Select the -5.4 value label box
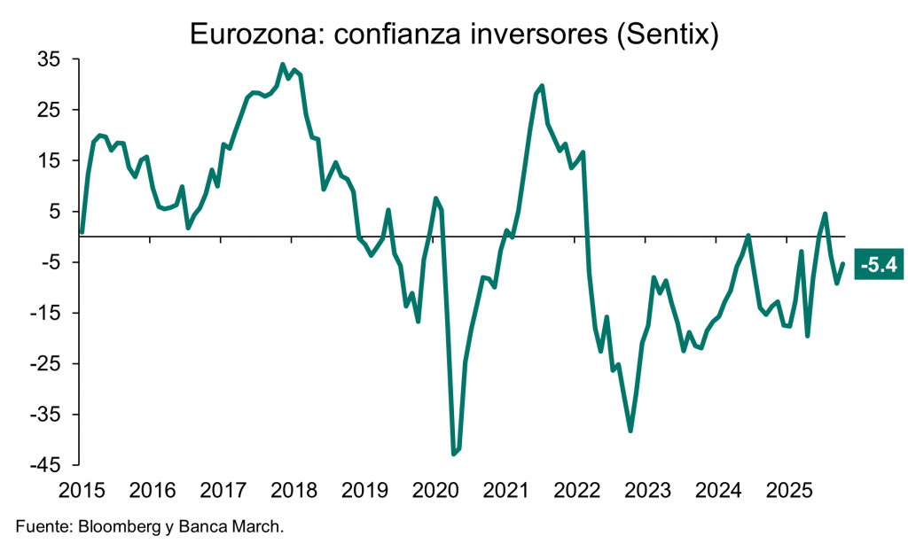pyautogui.click(x=877, y=265)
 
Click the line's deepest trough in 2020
pyautogui.click(x=454, y=454)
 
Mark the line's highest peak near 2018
pyautogui.click(x=283, y=65)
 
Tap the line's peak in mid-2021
pyautogui.click(x=542, y=86)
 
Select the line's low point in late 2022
pyautogui.click(x=630, y=431)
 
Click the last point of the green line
pyautogui.click(x=842, y=263)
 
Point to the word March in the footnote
pyautogui.click(x=258, y=527)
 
